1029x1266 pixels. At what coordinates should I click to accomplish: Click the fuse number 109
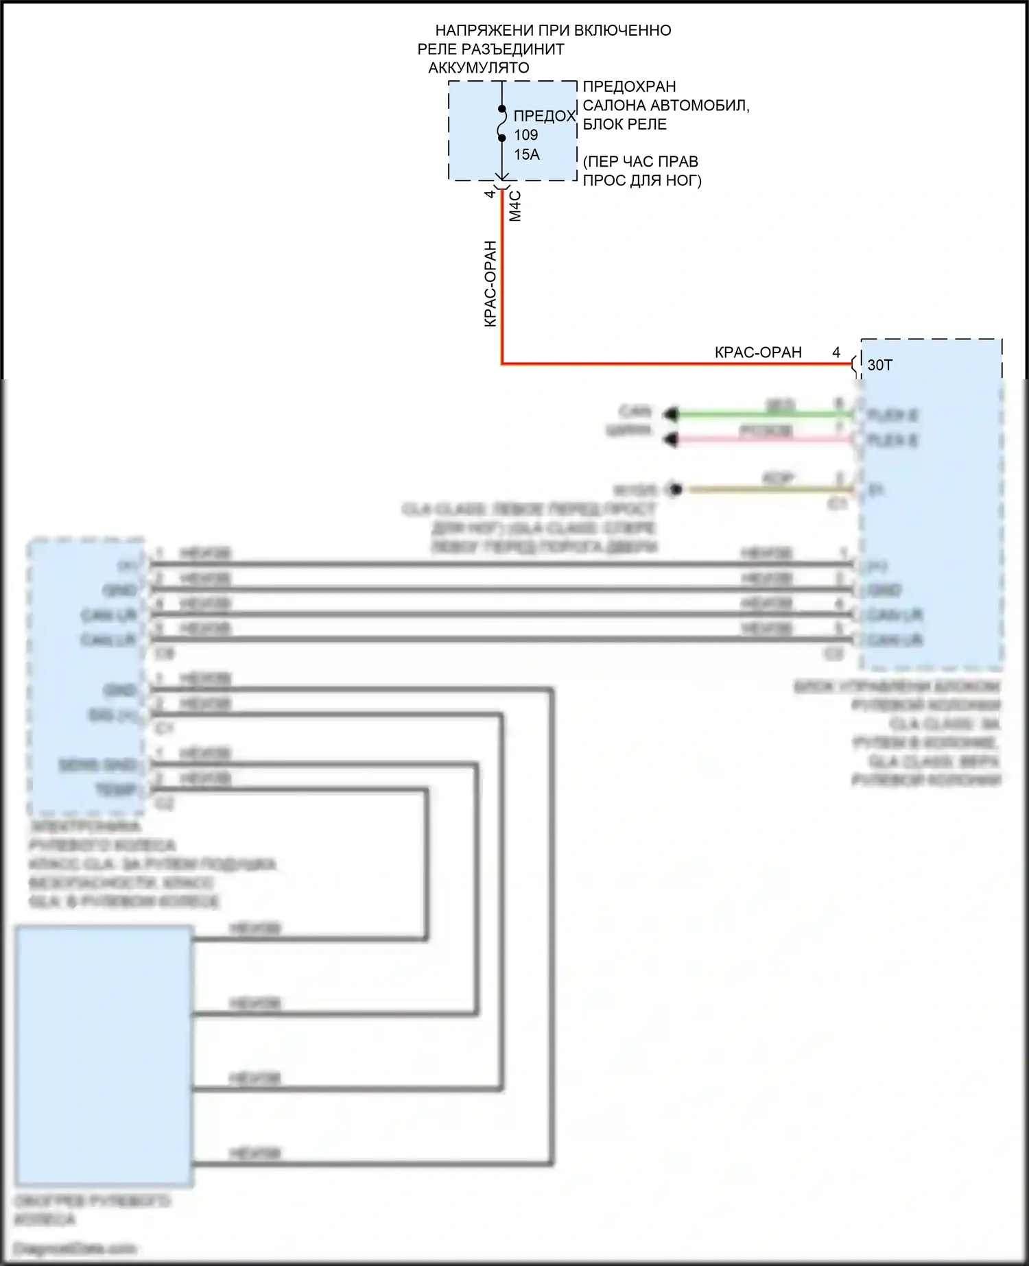pos(526,135)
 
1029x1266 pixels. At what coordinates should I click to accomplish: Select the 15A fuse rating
pos(527,155)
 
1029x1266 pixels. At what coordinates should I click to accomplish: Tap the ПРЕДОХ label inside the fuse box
pos(544,116)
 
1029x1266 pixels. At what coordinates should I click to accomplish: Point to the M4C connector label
pos(515,206)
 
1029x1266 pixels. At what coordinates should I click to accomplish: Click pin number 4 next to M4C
pos(490,194)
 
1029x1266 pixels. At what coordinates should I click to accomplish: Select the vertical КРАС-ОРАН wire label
pos(490,283)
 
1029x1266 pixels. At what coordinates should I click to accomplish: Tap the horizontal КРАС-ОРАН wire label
pos(758,353)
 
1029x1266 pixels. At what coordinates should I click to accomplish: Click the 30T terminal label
pos(880,365)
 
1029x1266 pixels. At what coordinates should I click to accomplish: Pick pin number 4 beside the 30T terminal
pos(836,353)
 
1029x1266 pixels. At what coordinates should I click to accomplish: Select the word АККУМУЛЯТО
pos(479,68)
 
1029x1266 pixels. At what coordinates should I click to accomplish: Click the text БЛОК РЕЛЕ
pos(625,125)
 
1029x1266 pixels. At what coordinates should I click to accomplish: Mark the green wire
pos(755,414)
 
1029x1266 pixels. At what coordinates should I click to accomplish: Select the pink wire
pos(755,439)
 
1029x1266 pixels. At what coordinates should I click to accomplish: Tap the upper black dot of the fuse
pos(502,109)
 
